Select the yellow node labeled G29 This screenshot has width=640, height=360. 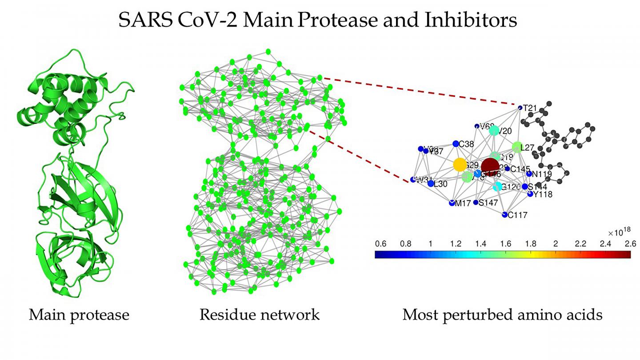tap(460, 165)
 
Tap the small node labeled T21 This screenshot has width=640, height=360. tap(520, 108)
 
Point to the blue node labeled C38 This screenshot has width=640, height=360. tap(456, 144)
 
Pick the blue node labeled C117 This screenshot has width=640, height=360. tap(504, 215)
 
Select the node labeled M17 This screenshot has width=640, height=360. tap(452, 204)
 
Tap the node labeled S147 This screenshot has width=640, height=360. tap(476, 202)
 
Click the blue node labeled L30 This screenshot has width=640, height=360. tap(431, 184)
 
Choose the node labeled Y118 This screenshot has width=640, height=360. tap(530, 194)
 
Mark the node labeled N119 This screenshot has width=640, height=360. tap(529, 174)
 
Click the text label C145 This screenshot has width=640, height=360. tap(520, 169)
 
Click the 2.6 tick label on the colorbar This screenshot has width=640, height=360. tap(630, 244)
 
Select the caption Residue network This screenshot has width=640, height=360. tap(260, 315)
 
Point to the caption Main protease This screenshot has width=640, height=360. tap(79, 315)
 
